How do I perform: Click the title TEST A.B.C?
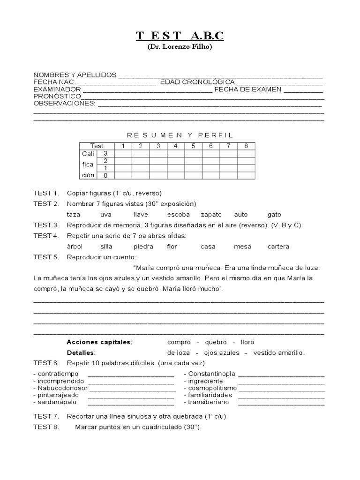(x=180, y=36)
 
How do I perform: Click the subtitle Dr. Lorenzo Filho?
(x=180, y=47)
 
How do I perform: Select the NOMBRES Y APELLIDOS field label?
(x=75, y=75)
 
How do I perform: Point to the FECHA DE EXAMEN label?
(x=247, y=89)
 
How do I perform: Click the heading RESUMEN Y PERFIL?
(x=180, y=135)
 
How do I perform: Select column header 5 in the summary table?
(x=193, y=146)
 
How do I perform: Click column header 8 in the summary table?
(x=246, y=146)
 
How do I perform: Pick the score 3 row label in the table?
(x=105, y=153)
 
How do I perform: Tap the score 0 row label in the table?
(x=105, y=175)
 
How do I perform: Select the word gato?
(x=274, y=214)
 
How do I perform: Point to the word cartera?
(x=278, y=247)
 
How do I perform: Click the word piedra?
(x=143, y=247)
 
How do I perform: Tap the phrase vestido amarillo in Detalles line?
(x=279, y=352)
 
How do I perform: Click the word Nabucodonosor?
(x=61, y=388)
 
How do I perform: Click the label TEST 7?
(x=46, y=416)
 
